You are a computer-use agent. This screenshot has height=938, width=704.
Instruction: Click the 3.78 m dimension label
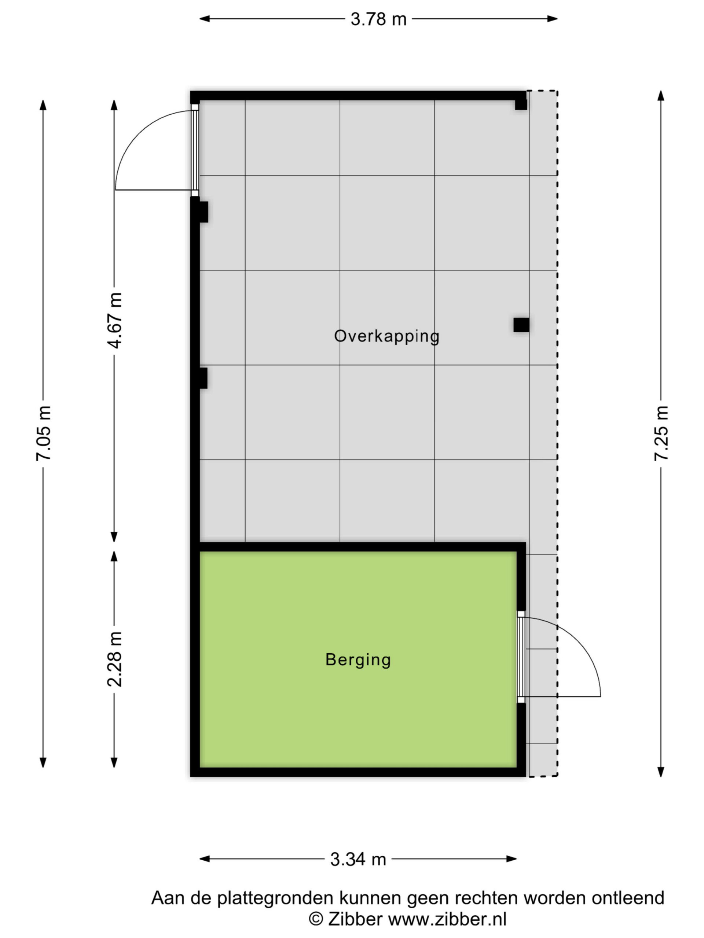[x=378, y=19]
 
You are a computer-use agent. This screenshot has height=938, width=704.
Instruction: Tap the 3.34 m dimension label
[x=358, y=847]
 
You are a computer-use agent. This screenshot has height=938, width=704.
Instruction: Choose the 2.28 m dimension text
[x=114, y=659]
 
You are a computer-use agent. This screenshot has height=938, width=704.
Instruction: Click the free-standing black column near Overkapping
[x=521, y=325]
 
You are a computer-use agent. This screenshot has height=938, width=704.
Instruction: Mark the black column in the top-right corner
[x=521, y=104]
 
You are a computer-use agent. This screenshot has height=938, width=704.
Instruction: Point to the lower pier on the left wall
[x=202, y=378]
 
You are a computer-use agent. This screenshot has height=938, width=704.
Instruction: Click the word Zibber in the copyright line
[x=355, y=919]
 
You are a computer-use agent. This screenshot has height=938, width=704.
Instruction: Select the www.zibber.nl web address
[x=447, y=919]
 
